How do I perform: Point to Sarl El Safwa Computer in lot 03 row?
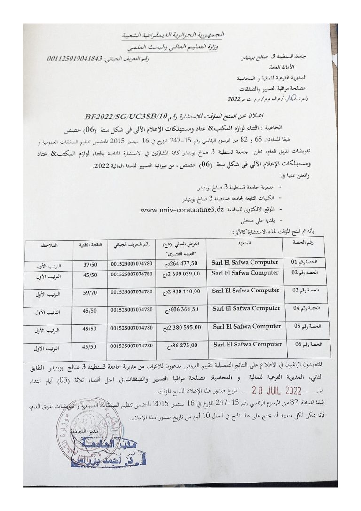(246, 291)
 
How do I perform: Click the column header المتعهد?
(245, 243)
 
